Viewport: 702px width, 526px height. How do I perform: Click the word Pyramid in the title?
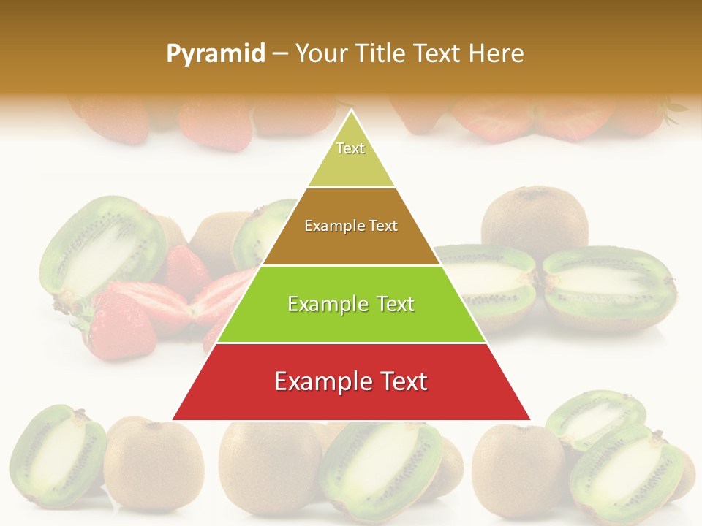[x=216, y=53]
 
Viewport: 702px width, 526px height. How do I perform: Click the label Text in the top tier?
[x=350, y=148]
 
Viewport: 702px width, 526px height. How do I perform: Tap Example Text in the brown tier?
[x=351, y=226]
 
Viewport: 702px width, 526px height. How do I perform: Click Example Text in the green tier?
[x=351, y=304]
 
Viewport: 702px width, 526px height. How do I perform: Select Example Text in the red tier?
[x=351, y=381]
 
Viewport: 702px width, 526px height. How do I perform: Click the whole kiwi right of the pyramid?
[x=535, y=219]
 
